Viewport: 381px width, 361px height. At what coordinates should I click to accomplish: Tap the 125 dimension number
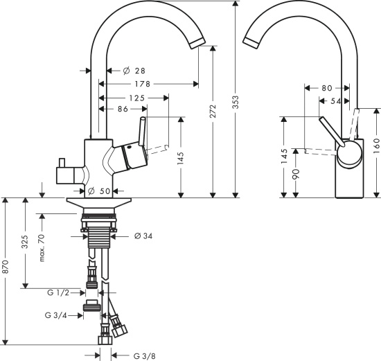click(x=136, y=98)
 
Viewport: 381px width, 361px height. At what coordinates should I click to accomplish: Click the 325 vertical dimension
click(x=25, y=243)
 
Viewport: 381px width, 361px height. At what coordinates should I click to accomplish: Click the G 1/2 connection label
click(x=60, y=292)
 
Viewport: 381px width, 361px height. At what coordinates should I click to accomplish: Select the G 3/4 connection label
click(x=57, y=315)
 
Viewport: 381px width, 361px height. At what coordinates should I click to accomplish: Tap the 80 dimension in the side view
click(x=327, y=88)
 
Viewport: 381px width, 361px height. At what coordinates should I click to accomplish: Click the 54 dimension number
click(x=337, y=102)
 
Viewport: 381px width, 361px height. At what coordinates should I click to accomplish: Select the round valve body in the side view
click(x=349, y=154)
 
